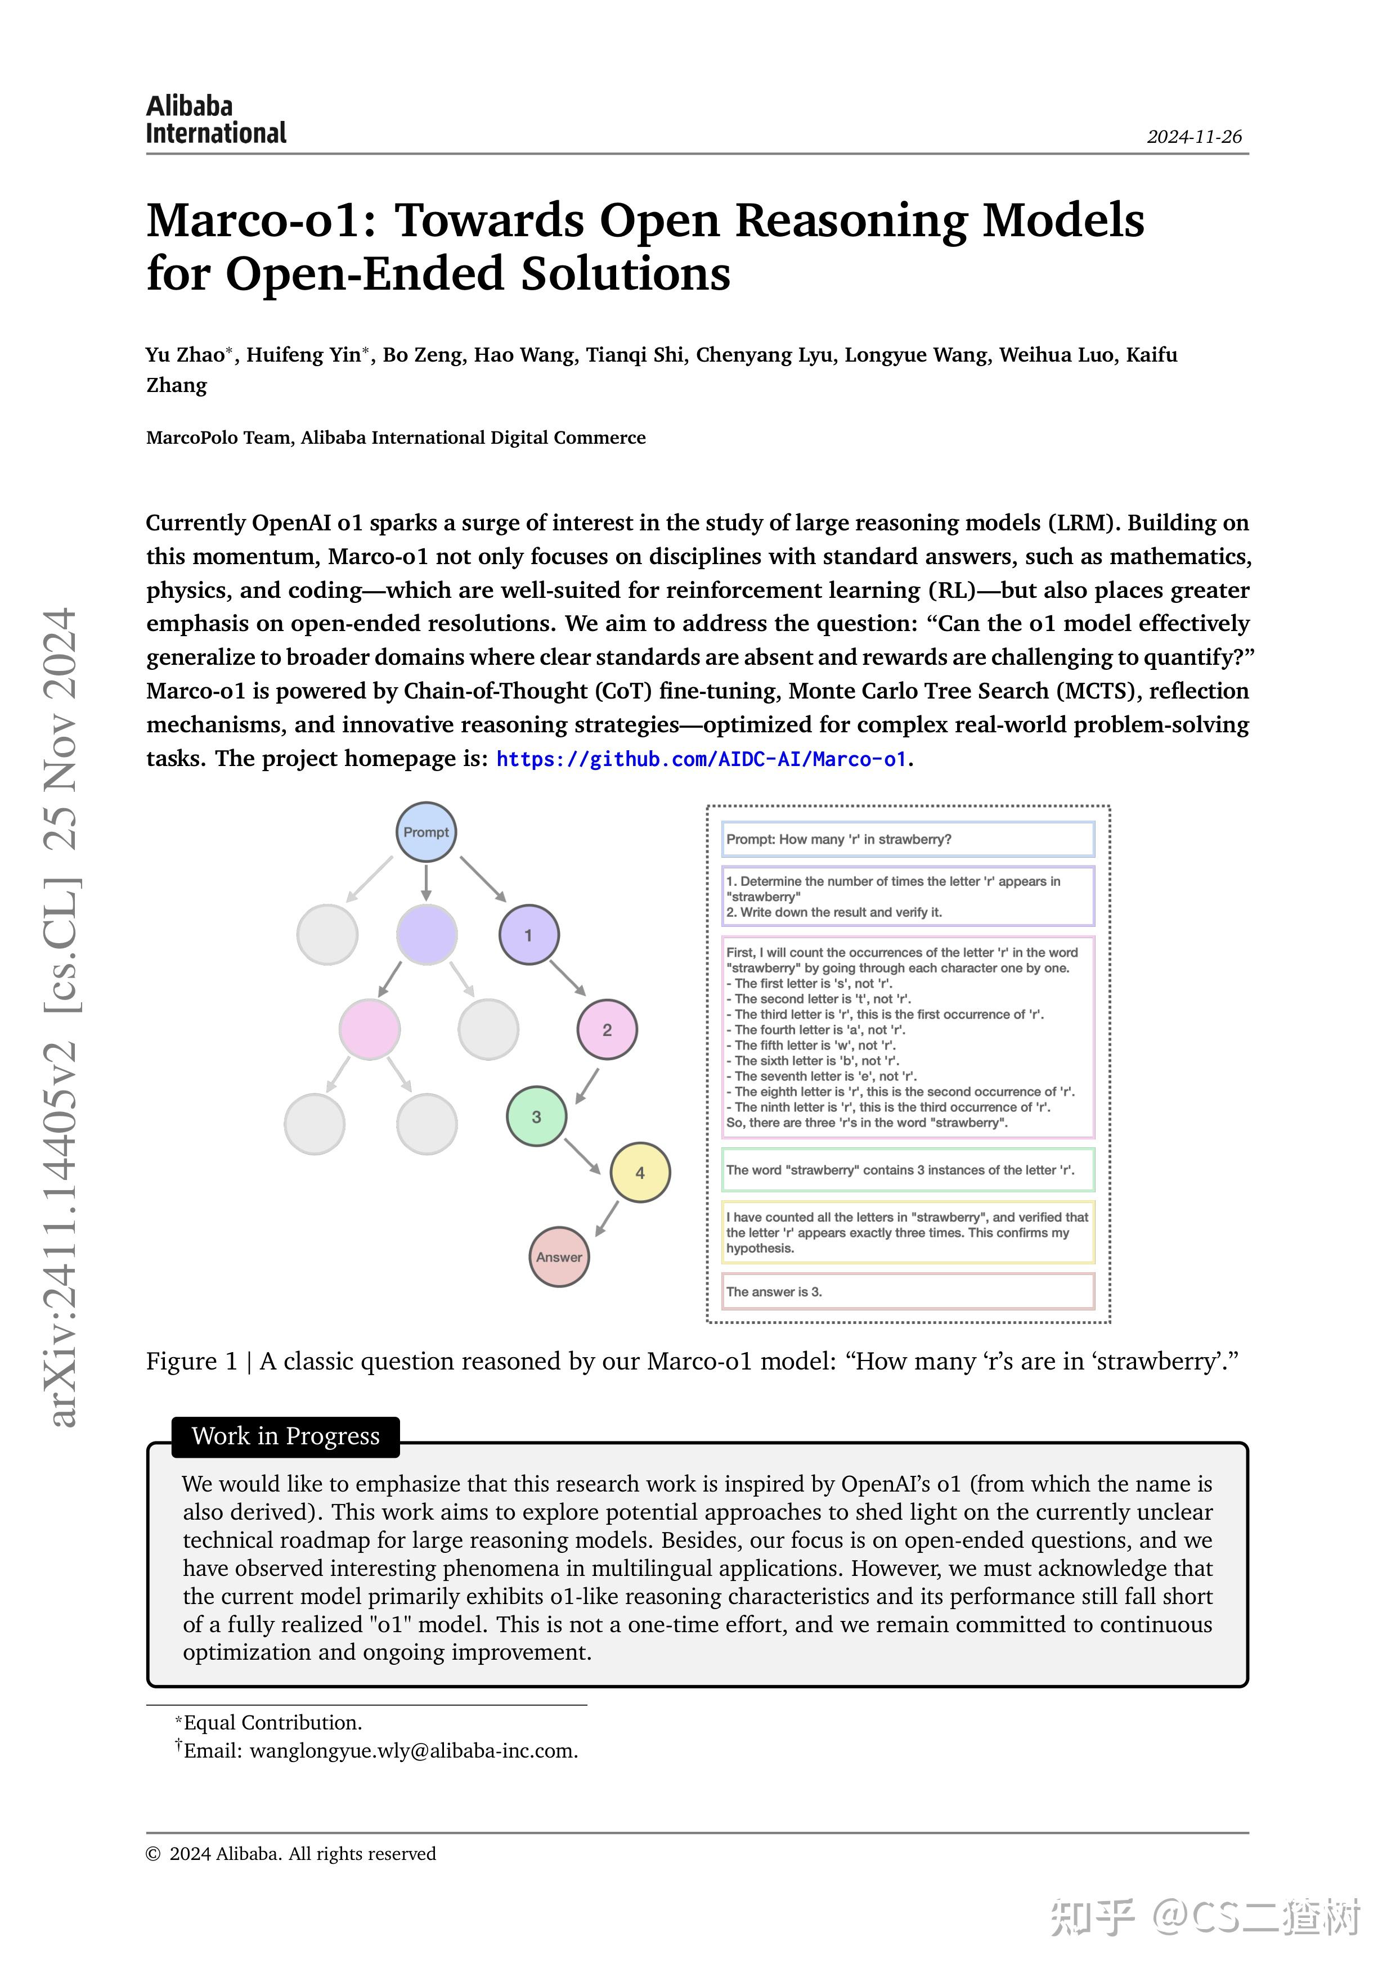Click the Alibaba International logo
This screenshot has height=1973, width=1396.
pos(216,119)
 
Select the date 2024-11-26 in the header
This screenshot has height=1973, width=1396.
pos(1194,137)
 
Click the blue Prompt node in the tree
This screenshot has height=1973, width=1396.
pos(427,832)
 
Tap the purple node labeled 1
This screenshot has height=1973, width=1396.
pos(529,935)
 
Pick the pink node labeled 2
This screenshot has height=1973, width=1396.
pos(607,1029)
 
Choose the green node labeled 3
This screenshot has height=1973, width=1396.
pos(536,1116)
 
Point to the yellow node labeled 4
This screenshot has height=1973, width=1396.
pos(640,1172)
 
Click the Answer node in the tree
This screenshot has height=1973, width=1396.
pos(559,1256)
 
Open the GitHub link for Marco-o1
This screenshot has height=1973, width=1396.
pos(702,759)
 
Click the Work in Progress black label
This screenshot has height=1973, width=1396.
pos(285,1436)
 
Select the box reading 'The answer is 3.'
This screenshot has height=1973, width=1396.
pos(908,1291)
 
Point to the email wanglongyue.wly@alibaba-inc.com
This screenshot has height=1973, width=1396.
pos(412,1750)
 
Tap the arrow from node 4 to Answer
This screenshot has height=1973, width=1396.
pos(607,1218)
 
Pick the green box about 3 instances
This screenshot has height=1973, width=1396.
pos(908,1169)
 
